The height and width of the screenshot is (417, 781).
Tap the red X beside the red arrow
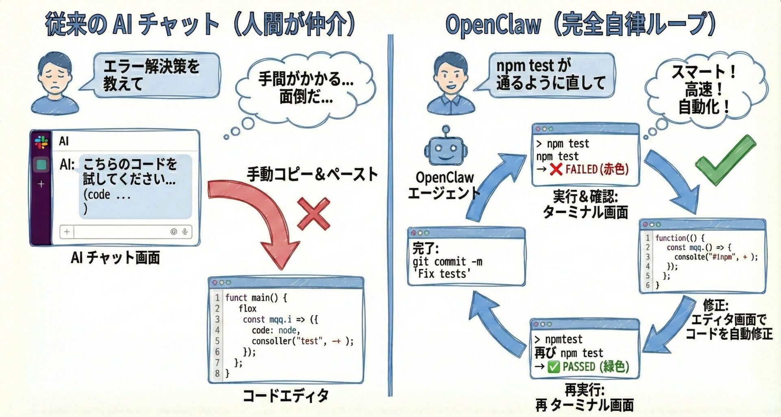314,214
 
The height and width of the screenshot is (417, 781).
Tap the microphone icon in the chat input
185,231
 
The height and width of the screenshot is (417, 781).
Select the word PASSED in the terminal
578,367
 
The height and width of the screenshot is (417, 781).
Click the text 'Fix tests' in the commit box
442,274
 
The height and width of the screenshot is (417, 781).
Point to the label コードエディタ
286,395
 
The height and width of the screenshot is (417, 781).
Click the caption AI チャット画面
115,258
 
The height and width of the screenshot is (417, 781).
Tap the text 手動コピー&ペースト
312,175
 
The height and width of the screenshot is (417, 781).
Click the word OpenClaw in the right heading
493,24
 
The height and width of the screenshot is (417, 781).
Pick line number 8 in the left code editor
217,373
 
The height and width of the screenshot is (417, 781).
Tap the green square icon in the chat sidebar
41,165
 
